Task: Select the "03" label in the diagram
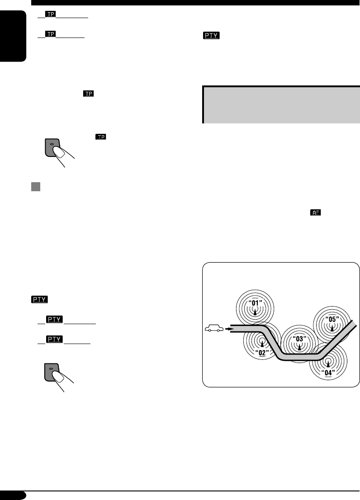[298, 338]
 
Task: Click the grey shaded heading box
[281, 104]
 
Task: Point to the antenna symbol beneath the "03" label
[298, 347]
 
